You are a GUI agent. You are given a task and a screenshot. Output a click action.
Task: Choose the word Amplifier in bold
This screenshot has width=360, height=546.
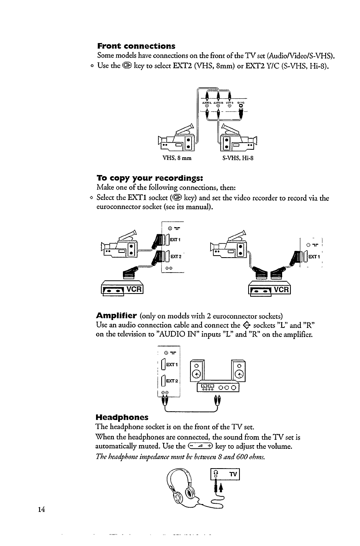click(117, 316)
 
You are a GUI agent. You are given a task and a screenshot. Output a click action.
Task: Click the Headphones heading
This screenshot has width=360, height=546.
click(122, 417)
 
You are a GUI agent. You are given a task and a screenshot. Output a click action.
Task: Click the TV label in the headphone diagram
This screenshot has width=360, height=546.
click(233, 474)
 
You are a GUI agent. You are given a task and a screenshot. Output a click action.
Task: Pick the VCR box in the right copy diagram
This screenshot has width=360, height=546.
click(269, 290)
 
